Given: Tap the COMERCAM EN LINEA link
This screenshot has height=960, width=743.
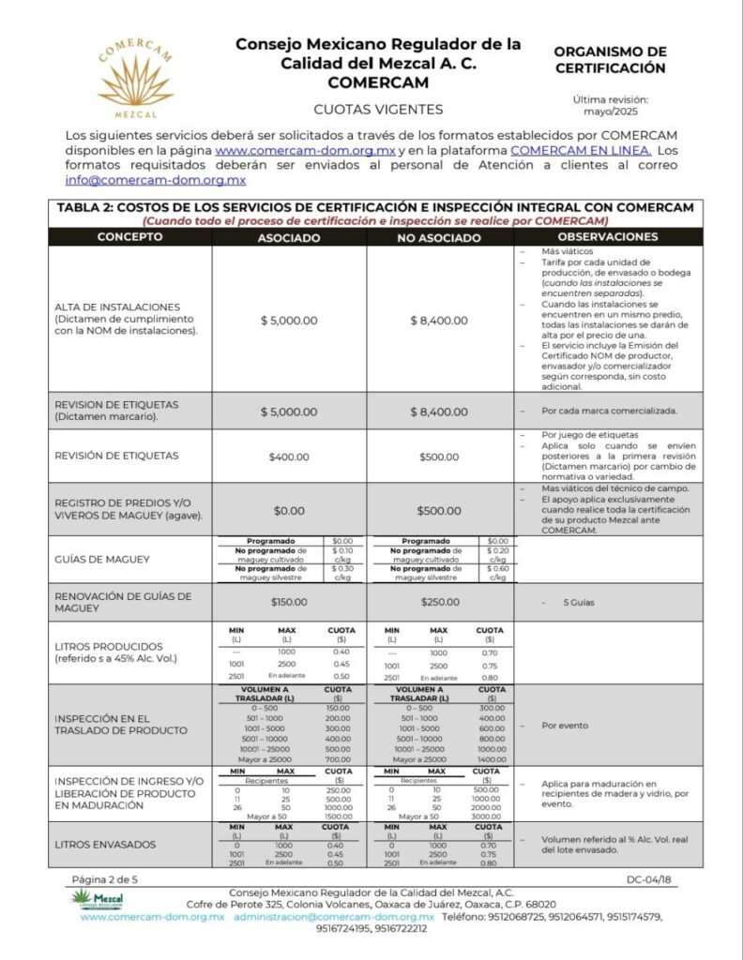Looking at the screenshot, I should tap(581, 150).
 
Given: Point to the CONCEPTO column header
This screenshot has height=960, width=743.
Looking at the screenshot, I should tap(130, 237).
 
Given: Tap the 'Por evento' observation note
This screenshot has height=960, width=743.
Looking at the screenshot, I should tap(564, 725).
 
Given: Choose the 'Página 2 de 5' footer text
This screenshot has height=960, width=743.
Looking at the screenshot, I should tap(105, 879).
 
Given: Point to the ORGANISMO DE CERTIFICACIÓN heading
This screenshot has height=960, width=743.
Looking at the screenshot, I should tap(610, 60).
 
